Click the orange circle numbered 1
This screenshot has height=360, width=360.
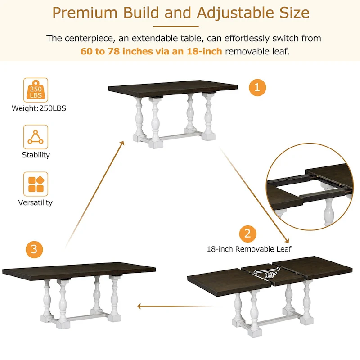click(x=257, y=87)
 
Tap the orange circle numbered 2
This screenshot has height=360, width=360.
click(x=247, y=234)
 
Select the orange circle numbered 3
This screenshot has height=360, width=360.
click(x=35, y=249)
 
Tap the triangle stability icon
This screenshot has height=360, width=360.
click(x=36, y=137)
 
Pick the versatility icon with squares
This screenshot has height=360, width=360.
click(x=36, y=184)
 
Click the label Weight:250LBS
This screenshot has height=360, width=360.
click(x=39, y=108)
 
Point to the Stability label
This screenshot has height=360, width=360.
click(x=36, y=155)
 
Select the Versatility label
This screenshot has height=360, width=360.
click(x=36, y=203)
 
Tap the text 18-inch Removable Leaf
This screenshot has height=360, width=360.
click(x=249, y=249)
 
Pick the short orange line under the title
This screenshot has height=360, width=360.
click(x=180, y=26)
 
